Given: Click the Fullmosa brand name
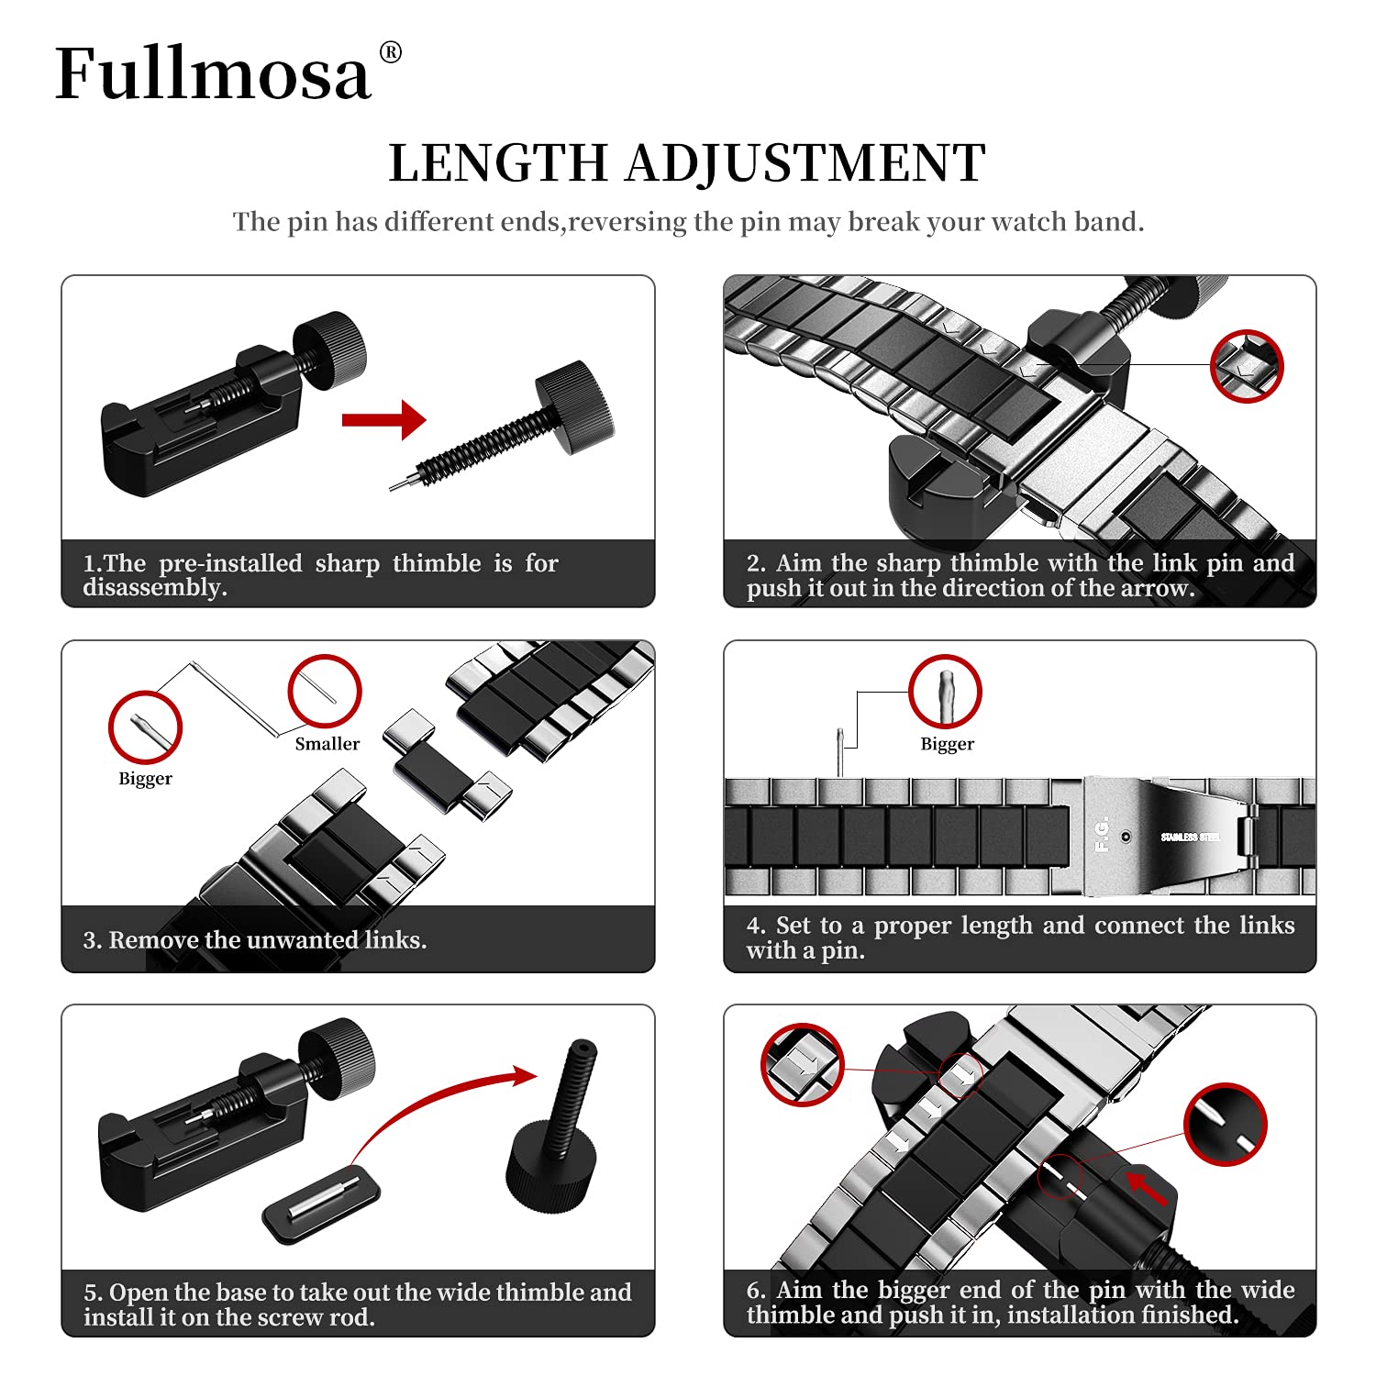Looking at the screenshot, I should point(213,73).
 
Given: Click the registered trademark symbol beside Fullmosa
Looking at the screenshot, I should point(390,52).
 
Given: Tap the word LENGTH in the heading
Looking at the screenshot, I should point(498,163).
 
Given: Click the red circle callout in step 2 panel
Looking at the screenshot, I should point(1246,365).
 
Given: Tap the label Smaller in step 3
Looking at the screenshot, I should point(327,744).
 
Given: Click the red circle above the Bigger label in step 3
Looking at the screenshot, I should point(145,727).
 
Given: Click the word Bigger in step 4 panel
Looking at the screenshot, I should point(947,744).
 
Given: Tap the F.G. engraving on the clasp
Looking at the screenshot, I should point(1102,834).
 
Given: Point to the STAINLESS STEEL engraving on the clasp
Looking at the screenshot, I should point(1190,837).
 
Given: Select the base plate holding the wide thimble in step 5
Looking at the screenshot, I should point(321,1203).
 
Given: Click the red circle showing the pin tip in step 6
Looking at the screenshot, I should point(1225,1124).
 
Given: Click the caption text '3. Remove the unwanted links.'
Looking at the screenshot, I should point(254,940).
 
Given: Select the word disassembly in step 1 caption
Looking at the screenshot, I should point(154,587).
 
